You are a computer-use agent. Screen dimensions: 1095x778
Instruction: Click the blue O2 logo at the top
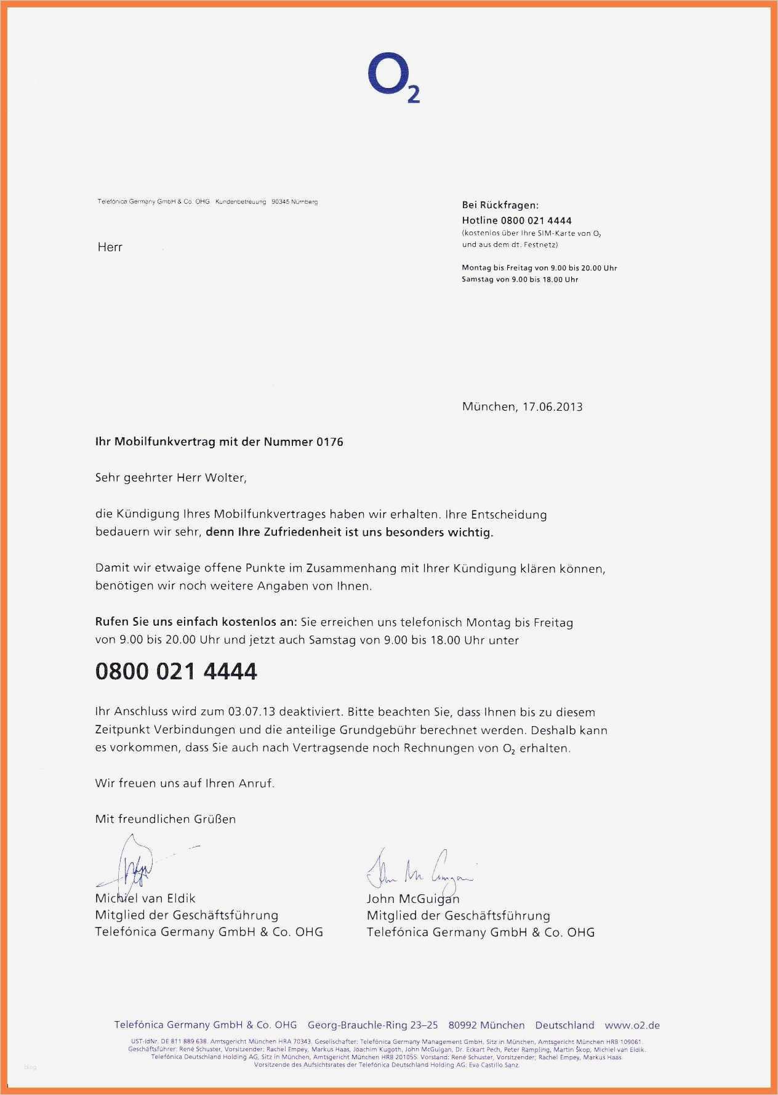[392, 79]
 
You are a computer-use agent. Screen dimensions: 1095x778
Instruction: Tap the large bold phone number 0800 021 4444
[176, 671]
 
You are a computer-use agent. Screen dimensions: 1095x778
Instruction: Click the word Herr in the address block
[110, 248]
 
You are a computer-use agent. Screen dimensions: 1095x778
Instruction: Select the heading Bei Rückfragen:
[500, 206]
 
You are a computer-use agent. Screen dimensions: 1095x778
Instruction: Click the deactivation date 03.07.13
[251, 712]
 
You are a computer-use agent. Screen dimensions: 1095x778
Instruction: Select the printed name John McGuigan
[413, 899]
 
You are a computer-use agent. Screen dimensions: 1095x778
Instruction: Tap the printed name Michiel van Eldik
[145, 899]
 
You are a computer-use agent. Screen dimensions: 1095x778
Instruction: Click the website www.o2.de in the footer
[632, 1025]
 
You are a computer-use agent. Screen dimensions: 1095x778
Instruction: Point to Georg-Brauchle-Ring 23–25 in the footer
[372, 1025]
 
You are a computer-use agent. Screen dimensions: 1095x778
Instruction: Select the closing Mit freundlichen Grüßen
[166, 819]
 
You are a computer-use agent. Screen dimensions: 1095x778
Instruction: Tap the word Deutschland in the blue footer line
[564, 1025]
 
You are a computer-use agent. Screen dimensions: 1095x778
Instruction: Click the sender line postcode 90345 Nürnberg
[295, 201]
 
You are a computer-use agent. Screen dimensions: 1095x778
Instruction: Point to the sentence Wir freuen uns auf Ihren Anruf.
[185, 783]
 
